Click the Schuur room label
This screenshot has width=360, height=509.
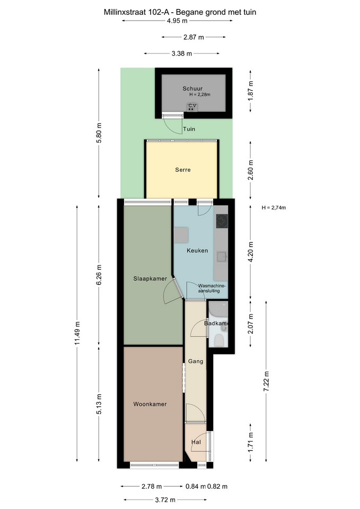tap(192, 89)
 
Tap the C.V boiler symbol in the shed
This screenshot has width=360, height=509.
tap(192, 107)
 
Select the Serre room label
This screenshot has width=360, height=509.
tap(183, 170)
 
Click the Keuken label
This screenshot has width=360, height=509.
tap(197, 251)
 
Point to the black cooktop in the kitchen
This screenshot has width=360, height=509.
tap(222, 221)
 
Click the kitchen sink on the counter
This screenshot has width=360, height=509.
tap(223, 257)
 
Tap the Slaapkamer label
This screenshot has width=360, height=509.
tap(150, 279)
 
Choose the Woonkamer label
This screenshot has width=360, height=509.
tap(150, 404)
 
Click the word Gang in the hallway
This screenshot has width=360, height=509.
tap(196, 361)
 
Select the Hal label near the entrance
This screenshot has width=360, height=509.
tap(196, 442)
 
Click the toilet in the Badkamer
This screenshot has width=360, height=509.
tap(219, 341)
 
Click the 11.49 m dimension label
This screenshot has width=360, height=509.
tap(77, 333)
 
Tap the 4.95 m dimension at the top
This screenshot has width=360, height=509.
tap(177, 21)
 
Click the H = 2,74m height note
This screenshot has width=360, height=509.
tap(274, 208)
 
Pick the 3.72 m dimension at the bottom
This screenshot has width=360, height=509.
tap(165, 500)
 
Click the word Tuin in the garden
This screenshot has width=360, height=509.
tap(189, 129)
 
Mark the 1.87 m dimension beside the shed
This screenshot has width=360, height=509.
tap(251, 91)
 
